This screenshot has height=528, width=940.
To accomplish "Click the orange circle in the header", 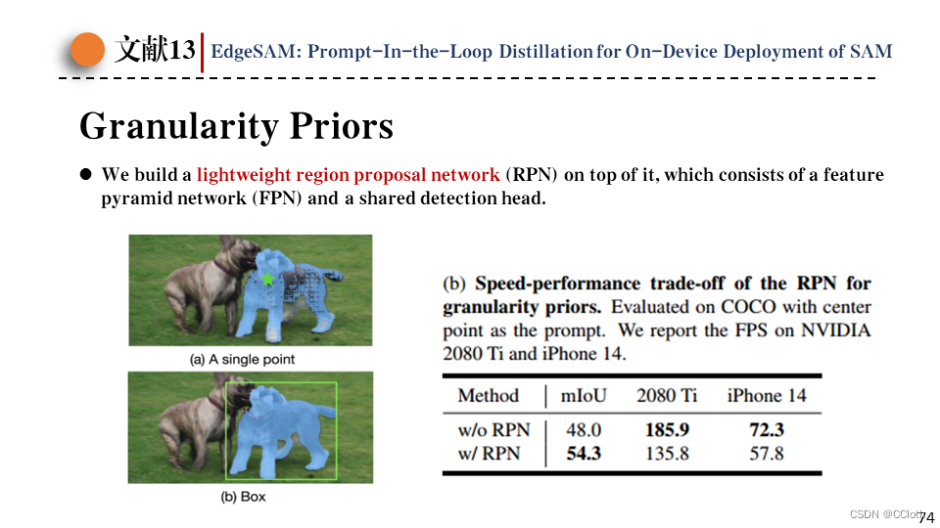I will tap(87, 50).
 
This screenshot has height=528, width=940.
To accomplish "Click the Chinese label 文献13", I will tap(156, 51).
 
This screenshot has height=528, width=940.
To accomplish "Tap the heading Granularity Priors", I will tap(236, 126).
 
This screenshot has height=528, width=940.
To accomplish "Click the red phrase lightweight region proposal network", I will tap(348, 175).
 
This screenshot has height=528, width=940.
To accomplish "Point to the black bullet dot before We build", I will tap(85, 175).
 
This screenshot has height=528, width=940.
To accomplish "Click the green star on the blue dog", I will tap(268, 280).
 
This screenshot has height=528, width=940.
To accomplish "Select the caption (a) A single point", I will tap(242, 360).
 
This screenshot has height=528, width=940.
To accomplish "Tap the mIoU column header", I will tap(583, 396).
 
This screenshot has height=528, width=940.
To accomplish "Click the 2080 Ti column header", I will tap(667, 396).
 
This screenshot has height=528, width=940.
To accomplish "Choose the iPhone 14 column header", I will tap(767, 396).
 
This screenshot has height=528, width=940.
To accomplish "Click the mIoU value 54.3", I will tap(584, 453).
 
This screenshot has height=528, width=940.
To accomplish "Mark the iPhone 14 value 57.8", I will tap(767, 453).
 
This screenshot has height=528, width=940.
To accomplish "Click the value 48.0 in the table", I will tap(584, 429).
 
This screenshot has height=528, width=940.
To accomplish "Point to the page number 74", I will tap(926, 516).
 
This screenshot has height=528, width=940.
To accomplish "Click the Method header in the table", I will tap(489, 396).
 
